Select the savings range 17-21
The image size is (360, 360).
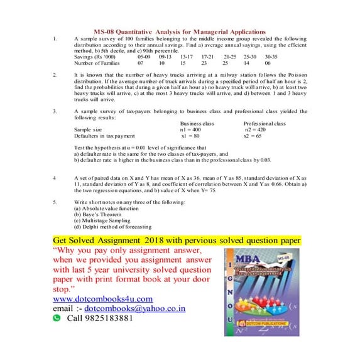(x=208, y=56)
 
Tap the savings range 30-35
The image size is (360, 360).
(x=271, y=56)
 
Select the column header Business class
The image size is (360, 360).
(x=197, y=123)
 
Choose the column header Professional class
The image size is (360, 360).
(x=265, y=123)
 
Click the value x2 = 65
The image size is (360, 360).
(x=253, y=135)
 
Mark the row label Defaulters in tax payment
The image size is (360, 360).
(x=104, y=135)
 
